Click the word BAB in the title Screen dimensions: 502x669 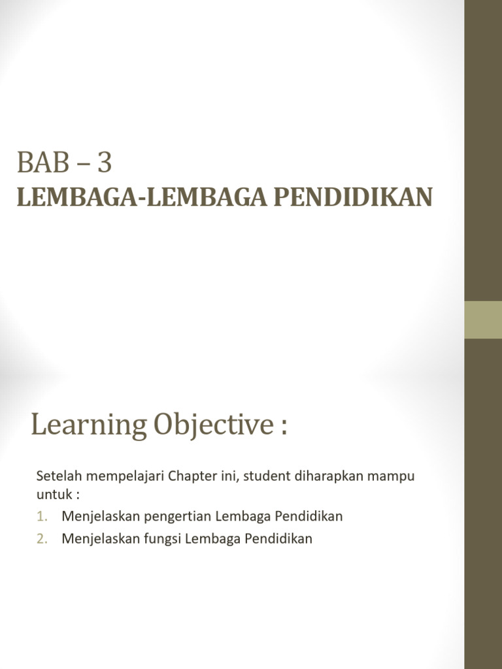(43, 163)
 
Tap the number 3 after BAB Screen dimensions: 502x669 (105, 163)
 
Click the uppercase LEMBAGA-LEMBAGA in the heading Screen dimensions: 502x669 (142, 197)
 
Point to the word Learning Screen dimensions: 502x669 (89, 425)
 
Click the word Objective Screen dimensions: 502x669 (214, 425)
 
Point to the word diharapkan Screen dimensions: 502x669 (329, 476)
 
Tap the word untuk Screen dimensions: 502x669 (54, 495)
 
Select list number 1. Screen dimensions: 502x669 (42, 517)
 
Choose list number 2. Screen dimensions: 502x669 (42, 539)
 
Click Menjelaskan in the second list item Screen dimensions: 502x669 (101, 539)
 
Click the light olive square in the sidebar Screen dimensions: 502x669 (483, 320)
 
